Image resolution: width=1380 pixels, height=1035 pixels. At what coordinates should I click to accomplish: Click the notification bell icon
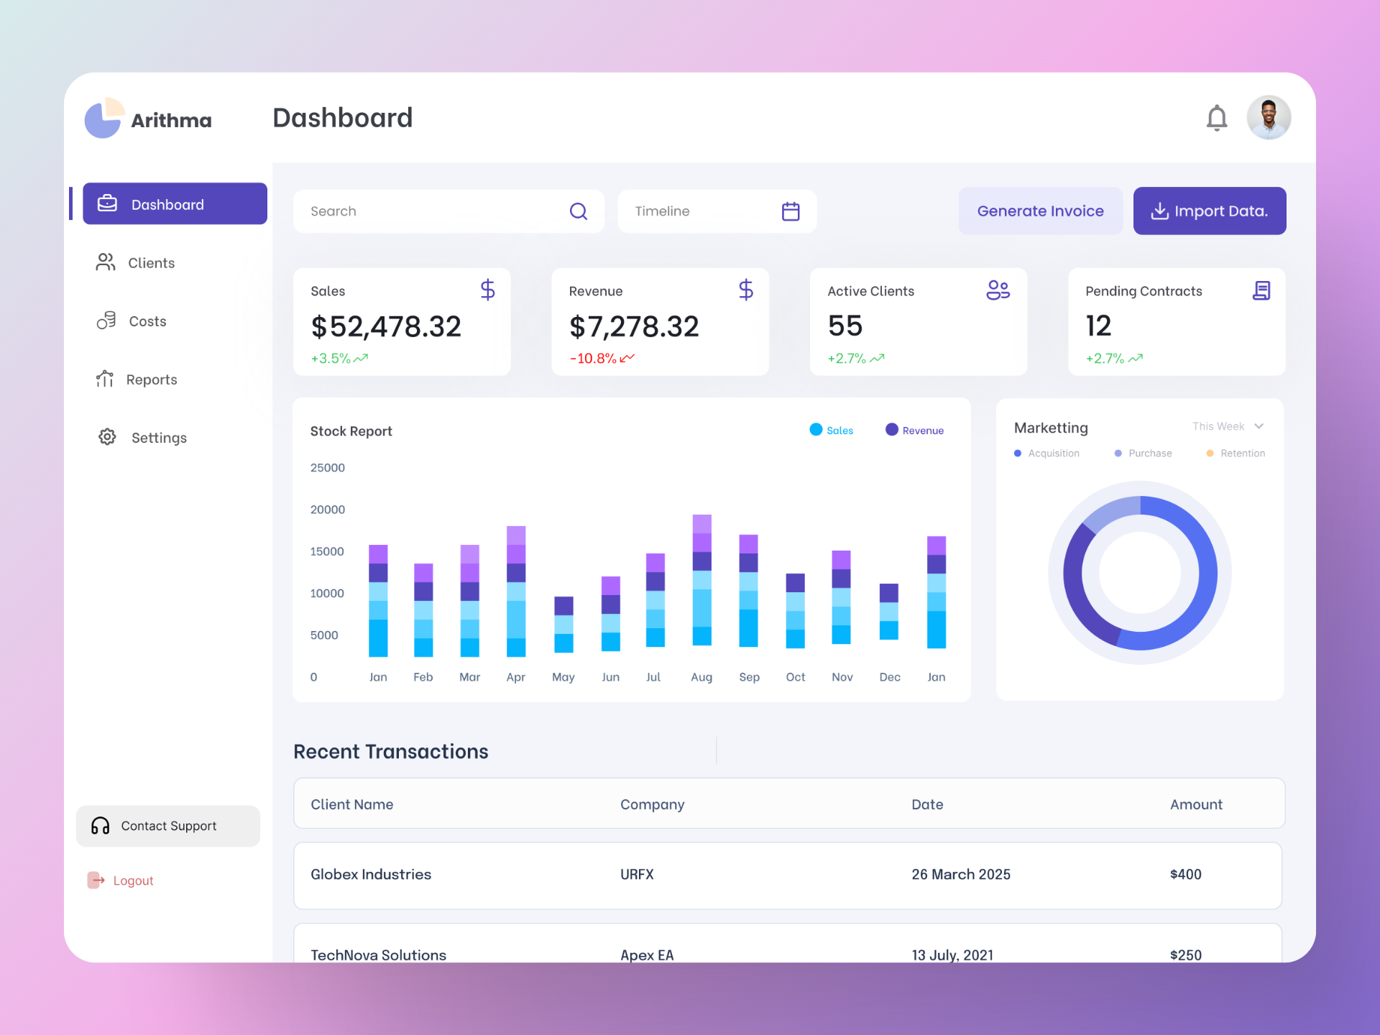tap(1216, 118)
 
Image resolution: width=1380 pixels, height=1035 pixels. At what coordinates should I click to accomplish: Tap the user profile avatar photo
tap(1269, 117)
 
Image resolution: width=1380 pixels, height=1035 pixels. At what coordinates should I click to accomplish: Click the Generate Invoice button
tap(1040, 211)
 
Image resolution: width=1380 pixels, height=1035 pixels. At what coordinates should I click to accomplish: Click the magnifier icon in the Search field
tap(579, 211)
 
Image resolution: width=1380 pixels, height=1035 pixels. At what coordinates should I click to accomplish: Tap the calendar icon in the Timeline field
tap(791, 211)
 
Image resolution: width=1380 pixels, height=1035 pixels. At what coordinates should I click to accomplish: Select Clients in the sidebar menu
tap(151, 263)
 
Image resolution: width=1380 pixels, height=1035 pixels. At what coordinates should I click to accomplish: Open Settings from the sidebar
tap(158, 438)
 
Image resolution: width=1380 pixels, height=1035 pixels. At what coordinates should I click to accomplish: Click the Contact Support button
tap(168, 826)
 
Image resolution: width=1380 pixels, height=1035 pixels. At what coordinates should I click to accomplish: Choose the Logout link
tap(133, 880)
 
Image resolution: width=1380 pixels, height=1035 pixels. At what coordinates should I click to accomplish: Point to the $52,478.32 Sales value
tap(386, 327)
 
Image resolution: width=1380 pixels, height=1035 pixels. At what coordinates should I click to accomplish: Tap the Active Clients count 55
tap(845, 326)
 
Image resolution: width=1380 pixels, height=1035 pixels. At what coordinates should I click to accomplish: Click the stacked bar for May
tap(563, 624)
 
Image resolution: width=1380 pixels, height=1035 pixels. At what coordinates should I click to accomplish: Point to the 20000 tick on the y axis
tap(327, 510)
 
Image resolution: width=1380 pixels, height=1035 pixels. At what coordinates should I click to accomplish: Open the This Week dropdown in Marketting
tap(1228, 426)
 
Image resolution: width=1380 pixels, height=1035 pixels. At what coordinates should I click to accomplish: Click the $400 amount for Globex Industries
tap(1185, 874)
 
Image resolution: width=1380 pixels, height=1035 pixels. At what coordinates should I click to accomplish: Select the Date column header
tap(927, 804)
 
